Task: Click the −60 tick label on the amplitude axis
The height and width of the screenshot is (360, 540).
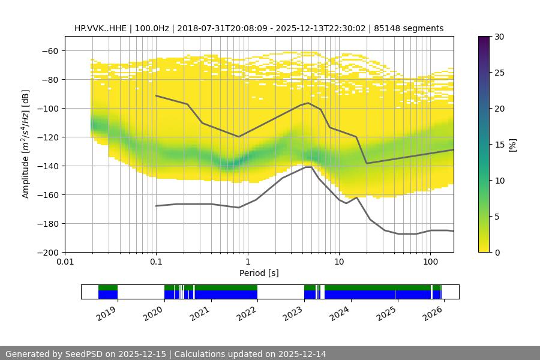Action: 49,50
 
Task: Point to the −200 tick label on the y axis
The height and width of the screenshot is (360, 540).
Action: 47,252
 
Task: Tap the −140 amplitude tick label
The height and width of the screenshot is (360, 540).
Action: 47,166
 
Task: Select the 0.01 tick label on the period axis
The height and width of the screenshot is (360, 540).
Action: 65,262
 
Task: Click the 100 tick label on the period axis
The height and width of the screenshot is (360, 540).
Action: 430,262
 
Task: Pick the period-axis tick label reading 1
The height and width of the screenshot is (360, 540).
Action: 247,262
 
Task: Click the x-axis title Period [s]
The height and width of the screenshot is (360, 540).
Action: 259,273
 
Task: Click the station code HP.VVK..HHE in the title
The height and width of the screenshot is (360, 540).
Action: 100,28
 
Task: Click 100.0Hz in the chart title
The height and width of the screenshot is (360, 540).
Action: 153,28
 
